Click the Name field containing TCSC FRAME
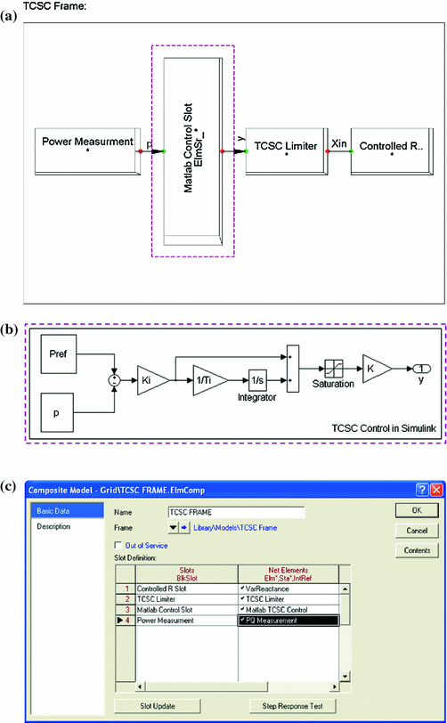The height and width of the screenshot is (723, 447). click(235, 512)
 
